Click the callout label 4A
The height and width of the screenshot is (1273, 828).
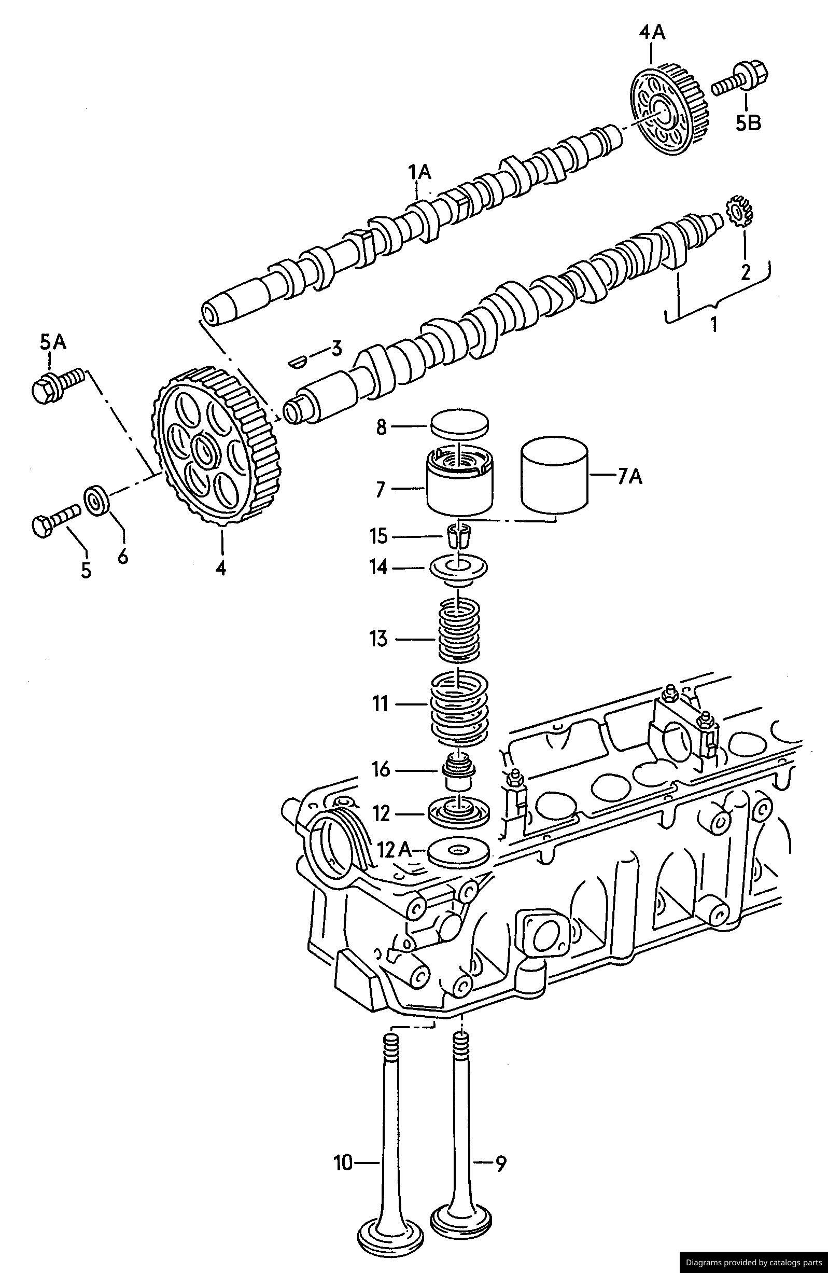tap(651, 33)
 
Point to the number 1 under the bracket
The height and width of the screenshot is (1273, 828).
tap(713, 324)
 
